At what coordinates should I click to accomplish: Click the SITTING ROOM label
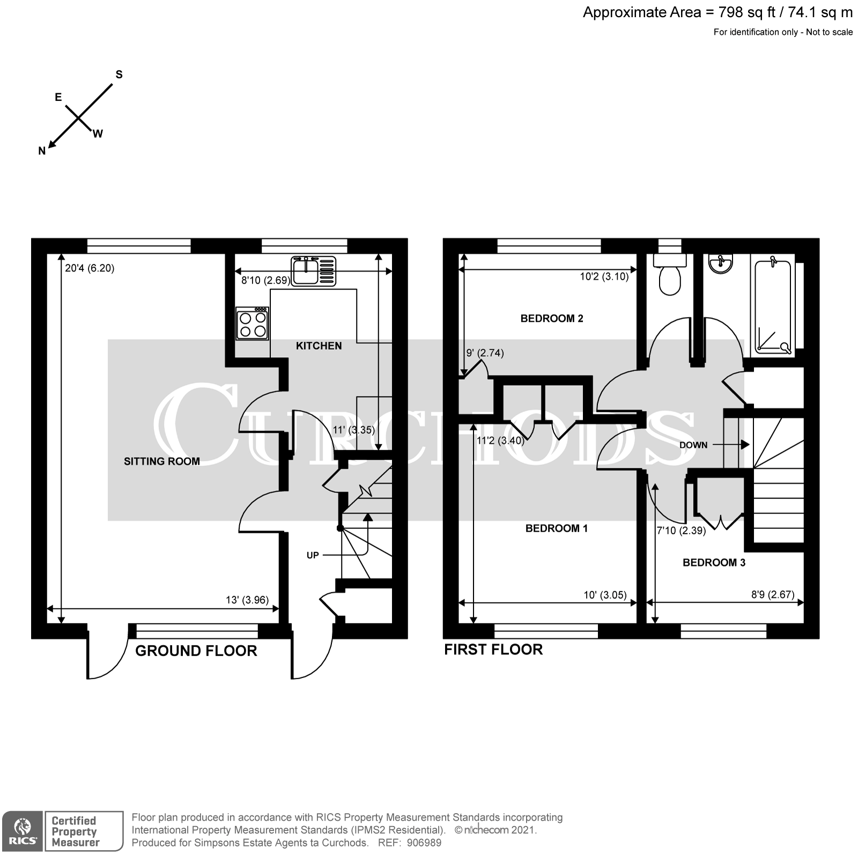pyautogui.click(x=161, y=461)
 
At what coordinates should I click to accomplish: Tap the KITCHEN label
pyautogui.click(x=319, y=346)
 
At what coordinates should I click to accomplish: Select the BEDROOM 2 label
pyautogui.click(x=551, y=319)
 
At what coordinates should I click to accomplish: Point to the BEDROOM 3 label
pyautogui.click(x=714, y=563)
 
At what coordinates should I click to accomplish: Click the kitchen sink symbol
pyautogui.click(x=314, y=271)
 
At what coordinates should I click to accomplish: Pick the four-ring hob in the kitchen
pyautogui.click(x=252, y=323)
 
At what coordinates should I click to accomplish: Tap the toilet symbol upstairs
pyautogui.click(x=669, y=276)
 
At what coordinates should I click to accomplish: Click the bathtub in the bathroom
pyautogui.click(x=773, y=306)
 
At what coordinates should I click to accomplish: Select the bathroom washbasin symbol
pyautogui.click(x=719, y=263)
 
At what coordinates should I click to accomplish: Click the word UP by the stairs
pyautogui.click(x=313, y=555)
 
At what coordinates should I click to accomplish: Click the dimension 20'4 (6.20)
pyautogui.click(x=90, y=268)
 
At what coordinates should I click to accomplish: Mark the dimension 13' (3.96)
pyautogui.click(x=247, y=600)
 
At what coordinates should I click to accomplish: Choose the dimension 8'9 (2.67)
pyautogui.click(x=772, y=594)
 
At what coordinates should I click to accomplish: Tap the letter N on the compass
pyautogui.click(x=42, y=152)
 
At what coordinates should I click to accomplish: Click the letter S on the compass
pyautogui.click(x=119, y=75)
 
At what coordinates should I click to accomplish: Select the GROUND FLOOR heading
pyautogui.click(x=196, y=651)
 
